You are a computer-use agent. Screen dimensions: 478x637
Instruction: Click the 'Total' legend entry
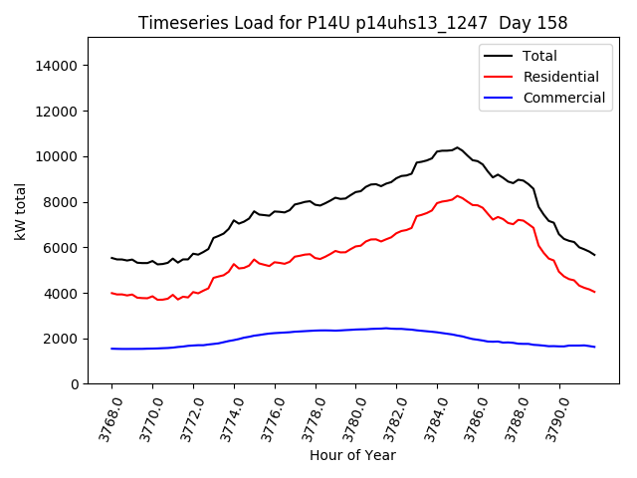point(539,56)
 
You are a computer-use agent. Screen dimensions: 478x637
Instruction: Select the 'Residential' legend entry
point(560,77)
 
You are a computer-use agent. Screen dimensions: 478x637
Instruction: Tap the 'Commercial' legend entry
point(563,98)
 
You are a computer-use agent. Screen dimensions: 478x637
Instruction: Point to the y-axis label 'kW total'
point(20,210)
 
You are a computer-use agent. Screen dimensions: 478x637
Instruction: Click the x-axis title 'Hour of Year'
point(352,455)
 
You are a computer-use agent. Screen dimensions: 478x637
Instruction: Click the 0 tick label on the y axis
point(74,384)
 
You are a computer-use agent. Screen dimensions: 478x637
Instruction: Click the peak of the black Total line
point(458,147)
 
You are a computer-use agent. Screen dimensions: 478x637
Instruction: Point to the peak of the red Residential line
point(458,196)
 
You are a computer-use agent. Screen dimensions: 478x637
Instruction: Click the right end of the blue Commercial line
point(594,347)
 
